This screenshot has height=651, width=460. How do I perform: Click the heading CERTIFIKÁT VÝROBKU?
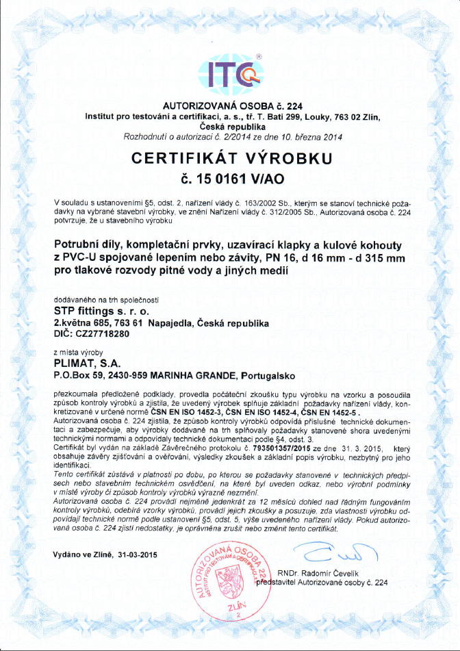[231, 159]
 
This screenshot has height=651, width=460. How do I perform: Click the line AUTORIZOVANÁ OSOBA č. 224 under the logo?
[231, 106]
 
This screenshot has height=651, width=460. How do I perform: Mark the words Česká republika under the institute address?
[231, 127]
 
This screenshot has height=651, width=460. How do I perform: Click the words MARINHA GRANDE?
[191, 376]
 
